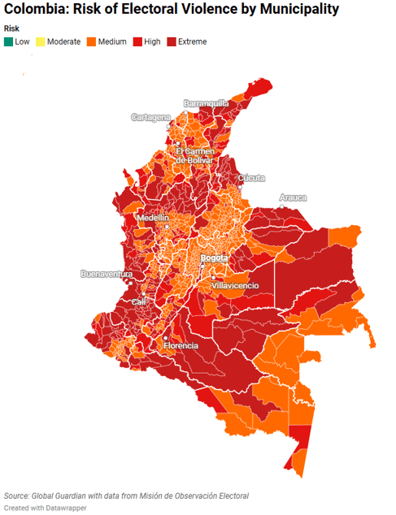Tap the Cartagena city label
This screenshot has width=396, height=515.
[151, 118]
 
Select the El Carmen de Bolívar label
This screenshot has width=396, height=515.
[194, 155]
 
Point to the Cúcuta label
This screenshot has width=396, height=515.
[250, 178]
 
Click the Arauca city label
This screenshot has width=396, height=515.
[293, 197]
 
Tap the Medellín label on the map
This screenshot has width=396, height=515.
[153, 218]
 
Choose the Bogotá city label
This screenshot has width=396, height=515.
[215, 258]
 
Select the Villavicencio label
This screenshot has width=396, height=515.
[235, 285]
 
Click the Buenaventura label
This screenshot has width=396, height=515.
[106, 274]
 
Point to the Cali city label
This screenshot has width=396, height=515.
[139, 301]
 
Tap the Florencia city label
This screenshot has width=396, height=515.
[181, 345]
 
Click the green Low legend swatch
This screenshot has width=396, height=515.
[9, 41]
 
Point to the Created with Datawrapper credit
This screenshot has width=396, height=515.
[45, 508]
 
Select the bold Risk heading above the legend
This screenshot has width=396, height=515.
[11, 28]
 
